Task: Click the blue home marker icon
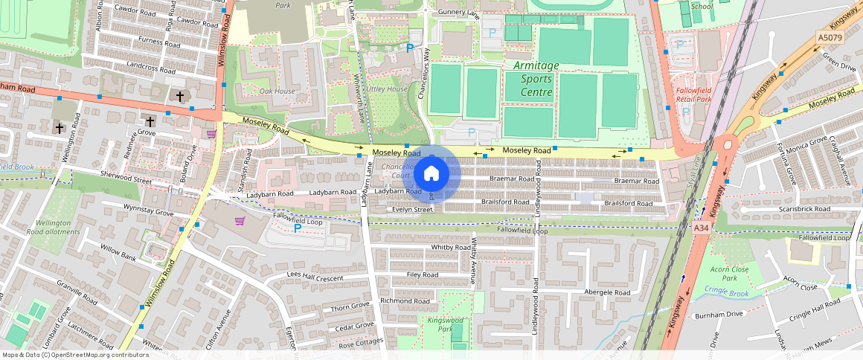431,174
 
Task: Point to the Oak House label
277,91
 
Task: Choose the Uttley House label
387,89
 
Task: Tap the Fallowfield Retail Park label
693,94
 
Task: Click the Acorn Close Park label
729,273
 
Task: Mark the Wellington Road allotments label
53,227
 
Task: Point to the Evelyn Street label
413,210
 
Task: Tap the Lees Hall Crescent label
315,276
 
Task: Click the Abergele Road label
608,292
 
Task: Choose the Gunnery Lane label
459,13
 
